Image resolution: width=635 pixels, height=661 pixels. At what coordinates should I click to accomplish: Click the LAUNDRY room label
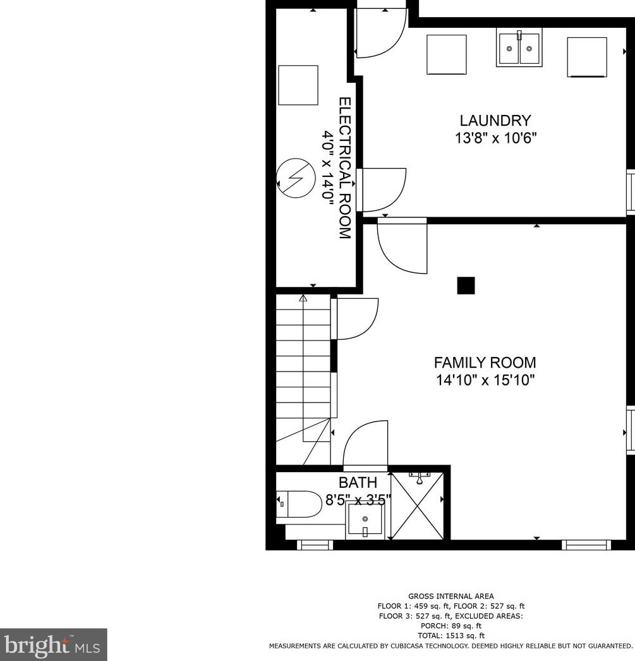[x=495, y=120]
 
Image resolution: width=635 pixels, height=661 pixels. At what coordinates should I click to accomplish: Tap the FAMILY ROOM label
[x=485, y=363]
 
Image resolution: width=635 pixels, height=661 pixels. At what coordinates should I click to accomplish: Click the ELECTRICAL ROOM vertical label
[x=344, y=167]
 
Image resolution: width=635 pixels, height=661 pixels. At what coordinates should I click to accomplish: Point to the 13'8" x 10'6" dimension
[x=495, y=138]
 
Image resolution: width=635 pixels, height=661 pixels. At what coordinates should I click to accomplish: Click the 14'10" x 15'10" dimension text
[x=485, y=380]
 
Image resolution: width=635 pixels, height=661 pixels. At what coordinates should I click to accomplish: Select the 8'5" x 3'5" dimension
[x=358, y=499]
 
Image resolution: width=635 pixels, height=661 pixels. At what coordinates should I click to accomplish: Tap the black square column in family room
[x=466, y=286]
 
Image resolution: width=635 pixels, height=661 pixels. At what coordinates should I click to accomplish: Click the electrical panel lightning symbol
[x=296, y=178]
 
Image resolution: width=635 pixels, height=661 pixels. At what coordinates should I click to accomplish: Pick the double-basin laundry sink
[x=519, y=47]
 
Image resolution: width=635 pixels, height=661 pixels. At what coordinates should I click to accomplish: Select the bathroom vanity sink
[x=365, y=523]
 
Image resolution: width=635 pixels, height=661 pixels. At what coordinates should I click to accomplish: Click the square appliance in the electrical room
[x=298, y=85]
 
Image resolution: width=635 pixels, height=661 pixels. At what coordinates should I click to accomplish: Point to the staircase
[x=303, y=373]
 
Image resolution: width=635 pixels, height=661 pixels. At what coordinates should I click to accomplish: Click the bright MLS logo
[x=53, y=645]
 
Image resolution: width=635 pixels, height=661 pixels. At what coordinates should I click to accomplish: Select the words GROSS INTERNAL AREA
[x=451, y=596]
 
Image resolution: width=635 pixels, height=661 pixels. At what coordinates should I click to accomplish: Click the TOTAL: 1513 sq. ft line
[x=451, y=636]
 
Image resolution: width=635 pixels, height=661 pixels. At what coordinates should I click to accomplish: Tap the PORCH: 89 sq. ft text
[x=451, y=626]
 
